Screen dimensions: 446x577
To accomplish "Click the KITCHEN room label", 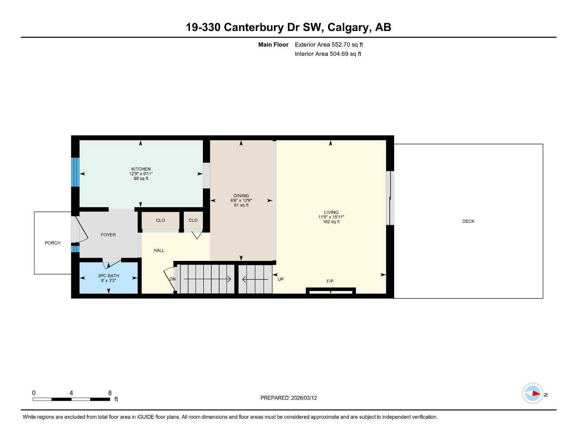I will pyautogui.click(x=141, y=169).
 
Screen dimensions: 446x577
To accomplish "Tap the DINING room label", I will pyautogui.click(x=241, y=196).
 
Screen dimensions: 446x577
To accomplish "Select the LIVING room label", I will pyautogui.click(x=331, y=212).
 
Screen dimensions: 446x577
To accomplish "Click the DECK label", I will pyautogui.click(x=468, y=221).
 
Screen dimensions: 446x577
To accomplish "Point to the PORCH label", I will pyautogui.click(x=52, y=243).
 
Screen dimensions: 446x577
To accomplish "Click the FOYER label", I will pyautogui.click(x=108, y=235).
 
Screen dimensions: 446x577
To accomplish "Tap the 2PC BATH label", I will pyautogui.click(x=108, y=276).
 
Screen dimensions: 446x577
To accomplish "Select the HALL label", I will pyautogui.click(x=159, y=250).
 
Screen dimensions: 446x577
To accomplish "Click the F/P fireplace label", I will pyautogui.click(x=330, y=281).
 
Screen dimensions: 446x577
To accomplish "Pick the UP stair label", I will pyautogui.click(x=280, y=279).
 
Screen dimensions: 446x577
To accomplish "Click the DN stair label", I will pyautogui.click(x=172, y=279).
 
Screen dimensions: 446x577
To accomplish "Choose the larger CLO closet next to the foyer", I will pyautogui.click(x=160, y=220).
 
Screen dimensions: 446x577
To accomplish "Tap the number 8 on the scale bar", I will pyautogui.click(x=110, y=393).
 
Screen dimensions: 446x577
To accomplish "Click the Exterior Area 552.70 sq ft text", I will pyautogui.click(x=329, y=44).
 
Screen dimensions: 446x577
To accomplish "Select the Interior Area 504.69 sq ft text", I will pyautogui.click(x=328, y=54).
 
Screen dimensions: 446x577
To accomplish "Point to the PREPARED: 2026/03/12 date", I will pyautogui.click(x=288, y=398).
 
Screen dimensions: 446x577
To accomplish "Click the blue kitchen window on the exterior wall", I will pyautogui.click(x=75, y=172).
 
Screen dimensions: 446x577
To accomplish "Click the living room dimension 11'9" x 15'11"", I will pyautogui.click(x=331, y=217).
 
